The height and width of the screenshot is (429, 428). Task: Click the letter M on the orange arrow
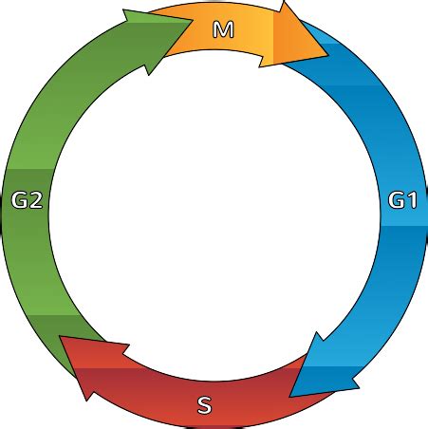pyautogui.click(x=223, y=30)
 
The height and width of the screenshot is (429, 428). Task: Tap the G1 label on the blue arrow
pyautogui.click(x=402, y=200)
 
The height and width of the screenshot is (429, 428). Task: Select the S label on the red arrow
pyautogui.click(x=204, y=407)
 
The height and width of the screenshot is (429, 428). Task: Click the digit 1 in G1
pyautogui.click(x=411, y=200)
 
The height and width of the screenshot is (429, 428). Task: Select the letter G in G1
pyautogui.click(x=396, y=200)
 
